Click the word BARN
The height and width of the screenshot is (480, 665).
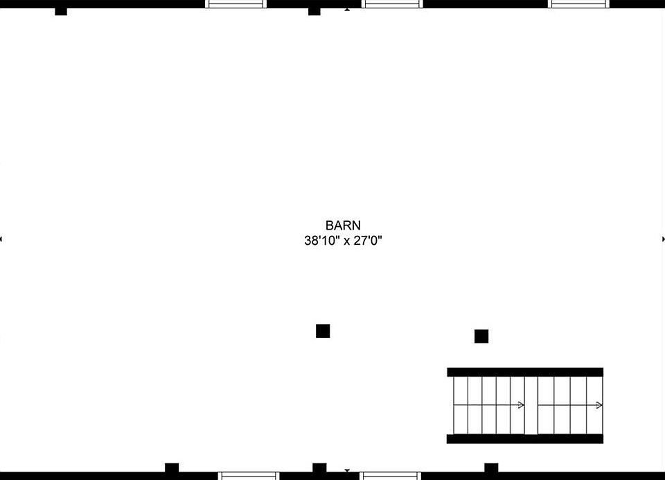tap(343, 225)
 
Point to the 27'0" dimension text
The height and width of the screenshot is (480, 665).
tap(367, 241)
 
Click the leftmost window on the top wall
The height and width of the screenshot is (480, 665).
tap(236, 3)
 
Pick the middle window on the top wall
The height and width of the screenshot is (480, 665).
tap(393, 3)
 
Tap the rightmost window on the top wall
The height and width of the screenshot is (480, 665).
tap(579, 3)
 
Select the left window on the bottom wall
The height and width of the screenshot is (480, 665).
tap(249, 476)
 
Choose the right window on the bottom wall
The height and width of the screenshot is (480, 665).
tap(391, 476)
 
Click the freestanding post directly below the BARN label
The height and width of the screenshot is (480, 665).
tap(323, 331)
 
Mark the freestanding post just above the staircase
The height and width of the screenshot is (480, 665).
tap(481, 336)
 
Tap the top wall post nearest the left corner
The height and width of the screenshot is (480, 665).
tap(61, 10)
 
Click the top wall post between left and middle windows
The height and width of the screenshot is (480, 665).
tap(314, 10)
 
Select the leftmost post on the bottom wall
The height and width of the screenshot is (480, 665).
tap(172, 468)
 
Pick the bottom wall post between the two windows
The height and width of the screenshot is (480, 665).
tap(319, 468)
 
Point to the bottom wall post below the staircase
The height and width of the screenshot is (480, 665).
tap(491, 468)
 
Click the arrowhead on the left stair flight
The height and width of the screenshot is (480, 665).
tap(521, 405)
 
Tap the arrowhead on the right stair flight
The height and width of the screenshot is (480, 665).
tap(598, 405)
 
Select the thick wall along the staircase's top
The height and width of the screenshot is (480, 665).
tap(525, 372)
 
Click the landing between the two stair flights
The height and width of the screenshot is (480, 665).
tap(531, 405)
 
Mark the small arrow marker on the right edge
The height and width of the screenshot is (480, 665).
tap(663, 239)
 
